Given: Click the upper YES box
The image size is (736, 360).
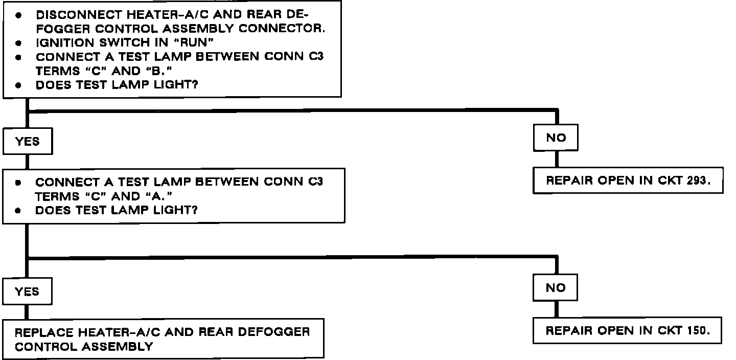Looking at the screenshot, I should (x=28, y=142).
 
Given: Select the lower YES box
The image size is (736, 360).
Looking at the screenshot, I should (x=28, y=291).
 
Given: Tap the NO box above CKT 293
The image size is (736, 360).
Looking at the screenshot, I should (x=556, y=138).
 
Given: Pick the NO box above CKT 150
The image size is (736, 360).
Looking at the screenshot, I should (x=556, y=287).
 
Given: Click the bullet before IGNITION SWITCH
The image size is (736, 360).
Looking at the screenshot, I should (x=18, y=44).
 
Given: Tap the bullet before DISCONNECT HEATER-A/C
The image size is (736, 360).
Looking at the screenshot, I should (x=18, y=15).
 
